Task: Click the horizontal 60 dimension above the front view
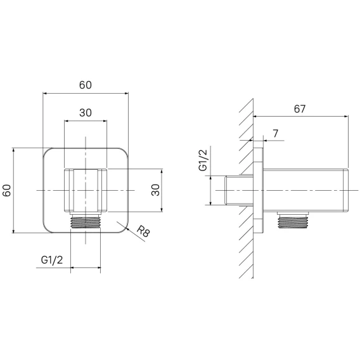pyautogui.click(x=86, y=85)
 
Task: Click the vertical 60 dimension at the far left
pyautogui.click(x=7, y=190)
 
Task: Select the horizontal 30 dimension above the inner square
pyautogui.click(x=86, y=113)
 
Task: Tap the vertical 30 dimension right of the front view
pyautogui.click(x=156, y=190)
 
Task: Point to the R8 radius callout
pyautogui.click(x=143, y=231)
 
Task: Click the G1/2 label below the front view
pyautogui.click(x=52, y=260)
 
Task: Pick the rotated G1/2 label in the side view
pyautogui.click(x=203, y=160)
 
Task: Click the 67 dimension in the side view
pyautogui.click(x=300, y=109)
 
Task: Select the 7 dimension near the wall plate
pyautogui.click(x=276, y=133)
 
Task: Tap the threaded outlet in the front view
pyautogui.click(x=86, y=221)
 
